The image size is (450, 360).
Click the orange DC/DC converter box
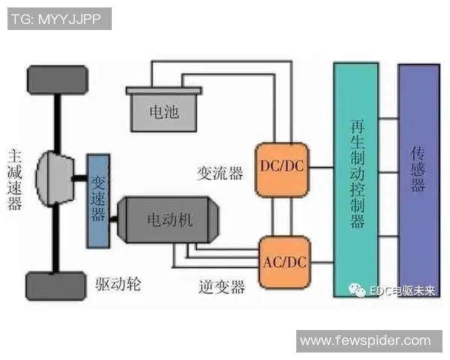(283, 166)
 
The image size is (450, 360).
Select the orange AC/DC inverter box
(283, 262)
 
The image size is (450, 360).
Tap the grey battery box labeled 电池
(164, 109)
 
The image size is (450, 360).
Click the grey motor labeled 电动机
(169, 220)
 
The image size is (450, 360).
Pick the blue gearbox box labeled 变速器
(98, 199)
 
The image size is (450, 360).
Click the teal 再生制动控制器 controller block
(357, 180)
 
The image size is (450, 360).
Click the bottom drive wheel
(56, 286)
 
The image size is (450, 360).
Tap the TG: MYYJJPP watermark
(59, 19)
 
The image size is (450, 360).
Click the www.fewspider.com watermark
(365, 341)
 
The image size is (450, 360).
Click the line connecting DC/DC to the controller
(321, 166)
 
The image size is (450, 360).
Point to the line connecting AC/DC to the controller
(321, 262)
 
